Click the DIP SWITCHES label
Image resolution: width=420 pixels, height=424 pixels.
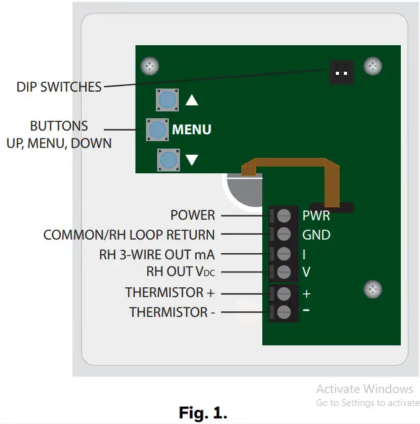pos(59,87)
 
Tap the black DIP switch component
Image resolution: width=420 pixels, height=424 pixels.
pos(338,72)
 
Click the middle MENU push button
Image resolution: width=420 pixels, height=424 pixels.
pos(157,129)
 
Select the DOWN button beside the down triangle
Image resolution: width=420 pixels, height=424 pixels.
pos(168,160)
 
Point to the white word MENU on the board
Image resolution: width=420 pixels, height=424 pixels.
pos(192,130)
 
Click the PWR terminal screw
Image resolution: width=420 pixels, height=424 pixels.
pos(284,215)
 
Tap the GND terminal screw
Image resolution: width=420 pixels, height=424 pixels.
pos(284,234)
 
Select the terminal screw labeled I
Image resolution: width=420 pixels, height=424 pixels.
pos(284,254)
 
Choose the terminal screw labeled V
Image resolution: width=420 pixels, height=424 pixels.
pos(284,272)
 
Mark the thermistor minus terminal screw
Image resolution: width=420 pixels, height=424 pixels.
pos(284,312)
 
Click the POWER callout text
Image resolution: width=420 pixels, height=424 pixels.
pos(192,215)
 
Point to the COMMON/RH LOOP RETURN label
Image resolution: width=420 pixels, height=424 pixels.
pos(129,235)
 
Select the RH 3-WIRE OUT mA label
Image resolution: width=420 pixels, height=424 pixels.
pos(157,254)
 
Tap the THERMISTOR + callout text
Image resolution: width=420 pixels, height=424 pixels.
pos(169,293)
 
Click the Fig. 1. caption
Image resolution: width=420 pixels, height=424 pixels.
pos(203,412)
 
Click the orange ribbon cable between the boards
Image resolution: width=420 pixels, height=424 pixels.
pos(285,163)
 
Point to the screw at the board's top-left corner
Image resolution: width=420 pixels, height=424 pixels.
pos(148,66)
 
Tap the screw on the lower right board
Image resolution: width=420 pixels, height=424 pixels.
pos(372,289)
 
